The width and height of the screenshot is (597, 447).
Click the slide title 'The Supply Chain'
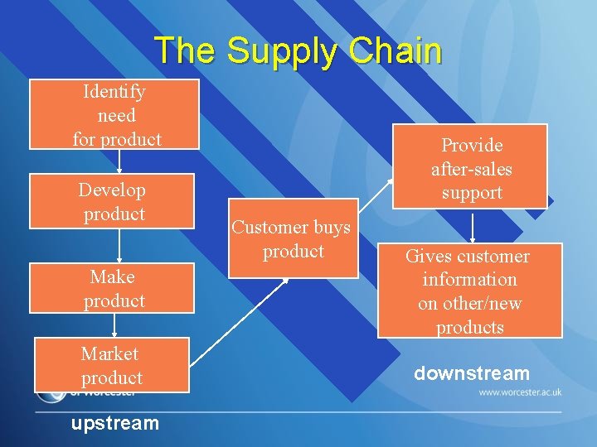point(298,50)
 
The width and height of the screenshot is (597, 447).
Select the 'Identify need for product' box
point(114,114)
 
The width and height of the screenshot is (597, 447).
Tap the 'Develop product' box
point(112,201)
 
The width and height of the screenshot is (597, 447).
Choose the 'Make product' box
point(113,288)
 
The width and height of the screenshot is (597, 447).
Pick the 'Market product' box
point(112,365)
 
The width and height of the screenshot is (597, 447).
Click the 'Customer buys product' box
point(291,238)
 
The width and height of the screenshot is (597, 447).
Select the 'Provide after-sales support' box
point(471,168)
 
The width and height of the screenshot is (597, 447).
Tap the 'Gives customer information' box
point(469,291)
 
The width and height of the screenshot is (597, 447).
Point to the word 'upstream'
point(114,423)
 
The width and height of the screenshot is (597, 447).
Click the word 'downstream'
point(471,373)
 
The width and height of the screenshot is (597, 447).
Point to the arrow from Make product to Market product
point(114,325)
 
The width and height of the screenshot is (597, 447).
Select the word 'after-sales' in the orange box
point(471,169)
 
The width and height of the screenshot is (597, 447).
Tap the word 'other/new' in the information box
point(470,304)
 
